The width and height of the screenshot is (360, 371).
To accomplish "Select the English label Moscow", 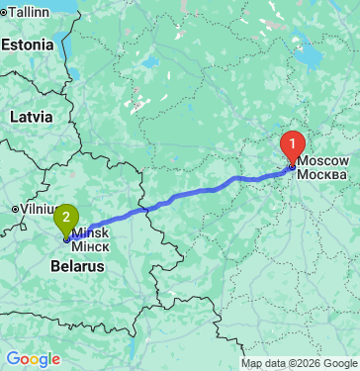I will point(322,160).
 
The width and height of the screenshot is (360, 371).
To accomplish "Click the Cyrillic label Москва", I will point(322,174).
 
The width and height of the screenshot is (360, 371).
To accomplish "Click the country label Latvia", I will point(31,116).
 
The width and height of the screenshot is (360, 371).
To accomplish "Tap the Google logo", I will point(32,359).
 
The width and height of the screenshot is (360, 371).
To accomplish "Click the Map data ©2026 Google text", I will point(300,362).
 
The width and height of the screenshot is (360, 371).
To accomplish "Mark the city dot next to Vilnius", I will point(15,210).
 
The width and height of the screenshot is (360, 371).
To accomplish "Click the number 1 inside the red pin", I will point(292,141).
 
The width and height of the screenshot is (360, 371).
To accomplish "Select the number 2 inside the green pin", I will point(66,213).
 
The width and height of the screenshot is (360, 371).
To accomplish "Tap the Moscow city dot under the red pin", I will point(292,166).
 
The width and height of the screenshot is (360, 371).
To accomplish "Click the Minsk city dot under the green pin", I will point(66,237).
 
